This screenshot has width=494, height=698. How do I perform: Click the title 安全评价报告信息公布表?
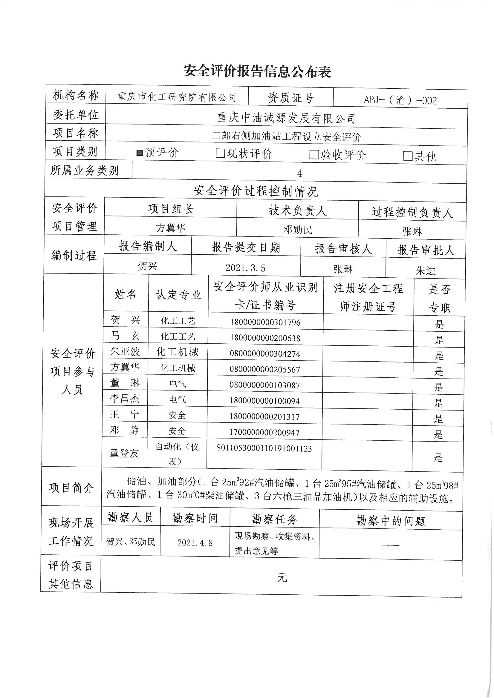coord(257,71)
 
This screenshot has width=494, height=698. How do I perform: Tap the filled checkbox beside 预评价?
coord(140,153)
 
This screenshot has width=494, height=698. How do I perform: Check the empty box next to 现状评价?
coord(219,153)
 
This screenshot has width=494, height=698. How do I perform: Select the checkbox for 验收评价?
coord(313,155)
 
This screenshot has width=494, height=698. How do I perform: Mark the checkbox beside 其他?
coord(407,156)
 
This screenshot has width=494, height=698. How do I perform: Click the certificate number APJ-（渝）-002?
coord(400,100)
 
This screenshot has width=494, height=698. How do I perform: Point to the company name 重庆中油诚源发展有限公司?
coord(286,118)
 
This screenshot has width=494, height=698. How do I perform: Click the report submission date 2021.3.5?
coord(245,268)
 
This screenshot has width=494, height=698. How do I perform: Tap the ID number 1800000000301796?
coord(265,322)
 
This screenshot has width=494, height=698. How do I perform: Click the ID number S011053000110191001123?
coord(264,448)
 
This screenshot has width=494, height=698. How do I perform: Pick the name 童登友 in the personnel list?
coord(124,453)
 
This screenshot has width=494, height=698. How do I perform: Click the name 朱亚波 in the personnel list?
coord(125,352)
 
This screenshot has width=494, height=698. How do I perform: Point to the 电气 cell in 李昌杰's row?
coord(178,399)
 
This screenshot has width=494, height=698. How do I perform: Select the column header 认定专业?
coord(178,294)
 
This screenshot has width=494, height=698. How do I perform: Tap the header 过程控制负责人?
coord(412,212)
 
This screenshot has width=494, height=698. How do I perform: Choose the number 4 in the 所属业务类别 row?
coord(299,173)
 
